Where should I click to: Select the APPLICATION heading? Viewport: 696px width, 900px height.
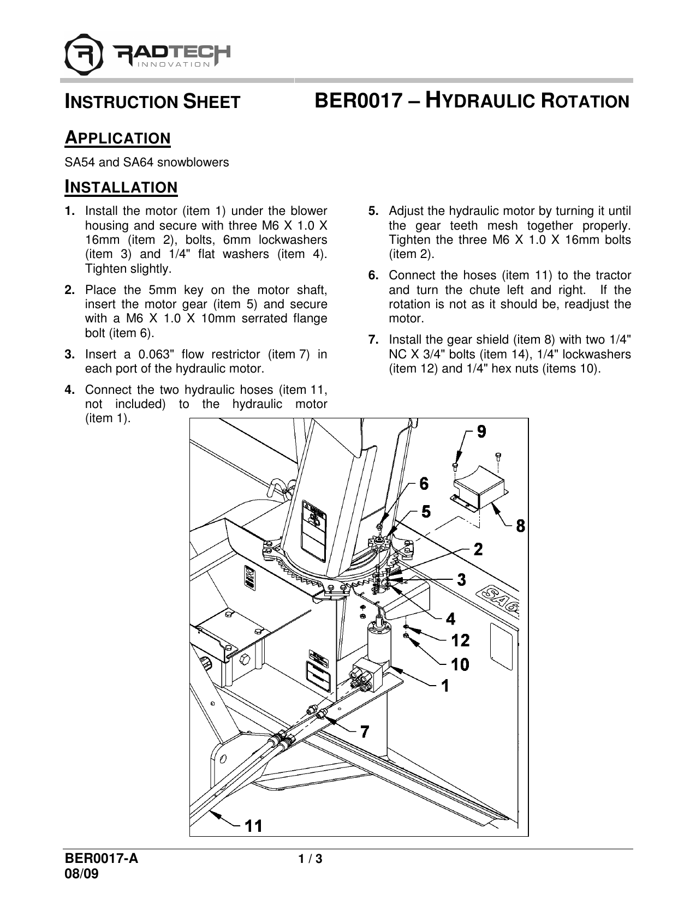118,138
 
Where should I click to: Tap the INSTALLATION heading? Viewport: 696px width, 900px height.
121,188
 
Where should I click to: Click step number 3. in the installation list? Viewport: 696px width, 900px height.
70,355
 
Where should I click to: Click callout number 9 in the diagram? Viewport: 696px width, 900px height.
481,431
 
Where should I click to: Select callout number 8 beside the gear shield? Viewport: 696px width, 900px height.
521,526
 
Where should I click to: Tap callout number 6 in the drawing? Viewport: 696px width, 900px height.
424,484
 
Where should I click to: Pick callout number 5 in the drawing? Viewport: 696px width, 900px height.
426,512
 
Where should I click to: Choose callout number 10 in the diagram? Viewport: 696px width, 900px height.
460,664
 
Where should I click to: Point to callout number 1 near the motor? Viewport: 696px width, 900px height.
445,685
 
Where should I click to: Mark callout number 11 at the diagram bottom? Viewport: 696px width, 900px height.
253,827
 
